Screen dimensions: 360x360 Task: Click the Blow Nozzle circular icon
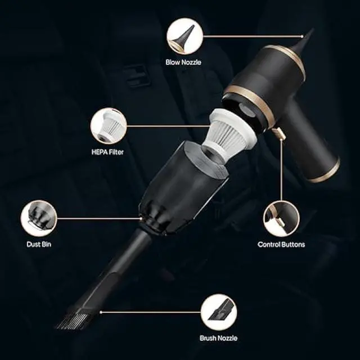pyautogui.click(x=184, y=36)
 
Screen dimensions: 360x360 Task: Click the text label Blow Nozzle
pyautogui.click(x=183, y=63)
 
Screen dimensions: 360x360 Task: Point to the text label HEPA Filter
pyautogui.click(x=108, y=152)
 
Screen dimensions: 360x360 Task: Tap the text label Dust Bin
pyautogui.click(x=38, y=244)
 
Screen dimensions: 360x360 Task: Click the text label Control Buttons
pyautogui.click(x=281, y=245)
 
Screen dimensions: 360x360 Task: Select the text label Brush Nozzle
pyautogui.click(x=219, y=338)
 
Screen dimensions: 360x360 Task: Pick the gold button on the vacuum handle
pyautogui.click(x=276, y=134)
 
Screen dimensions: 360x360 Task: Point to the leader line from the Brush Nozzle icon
pyautogui.click(x=163, y=312)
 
